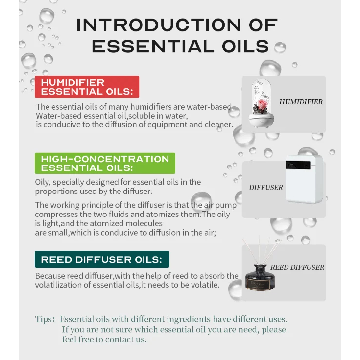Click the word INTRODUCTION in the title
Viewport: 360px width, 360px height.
coord(159,25)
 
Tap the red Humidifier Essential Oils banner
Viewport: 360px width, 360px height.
coord(87,87)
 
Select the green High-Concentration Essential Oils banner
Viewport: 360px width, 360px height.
coord(105,163)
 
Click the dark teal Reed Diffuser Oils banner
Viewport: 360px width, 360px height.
coord(102,259)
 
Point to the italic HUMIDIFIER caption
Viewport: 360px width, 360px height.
coord(301,102)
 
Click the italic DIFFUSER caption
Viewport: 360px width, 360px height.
coord(266,187)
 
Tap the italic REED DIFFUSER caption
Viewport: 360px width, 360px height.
coord(297,267)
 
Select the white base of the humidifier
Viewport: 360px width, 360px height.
coord(262,120)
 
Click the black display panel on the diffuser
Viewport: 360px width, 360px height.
coord(298,165)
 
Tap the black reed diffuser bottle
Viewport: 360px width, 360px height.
coord(260,278)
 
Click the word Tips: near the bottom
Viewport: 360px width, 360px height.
coord(45,319)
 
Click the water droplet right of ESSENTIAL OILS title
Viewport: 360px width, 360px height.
coord(280,48)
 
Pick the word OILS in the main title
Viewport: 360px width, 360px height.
coord(245,47)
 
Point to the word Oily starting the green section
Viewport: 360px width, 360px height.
coord(44,182)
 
